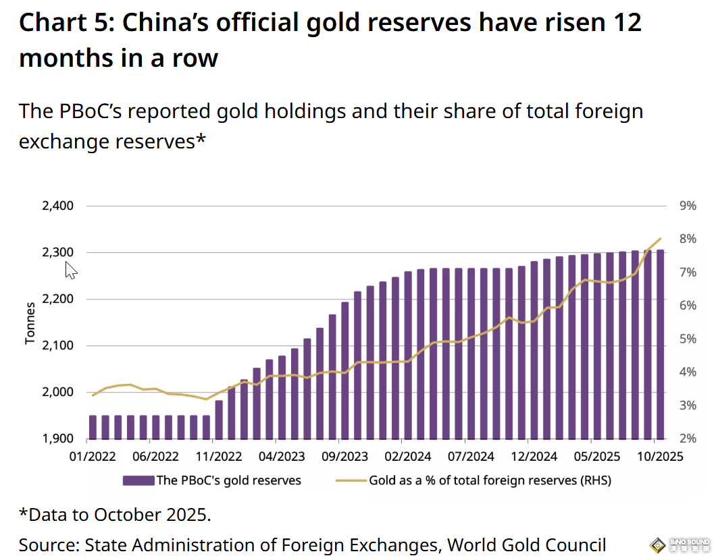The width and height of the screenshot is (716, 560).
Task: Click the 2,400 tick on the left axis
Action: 57,206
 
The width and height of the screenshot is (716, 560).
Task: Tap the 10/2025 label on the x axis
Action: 660,457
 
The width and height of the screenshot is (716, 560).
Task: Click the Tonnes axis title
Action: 30,323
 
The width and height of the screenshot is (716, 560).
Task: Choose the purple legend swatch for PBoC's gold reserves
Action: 138,481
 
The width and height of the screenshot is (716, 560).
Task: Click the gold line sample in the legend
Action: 351,481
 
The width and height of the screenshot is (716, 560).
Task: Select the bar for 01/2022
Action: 93,427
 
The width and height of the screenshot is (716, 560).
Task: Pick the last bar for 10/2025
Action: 660,344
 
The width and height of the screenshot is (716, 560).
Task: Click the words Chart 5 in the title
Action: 62,23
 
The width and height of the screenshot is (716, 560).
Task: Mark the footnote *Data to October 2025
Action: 115,515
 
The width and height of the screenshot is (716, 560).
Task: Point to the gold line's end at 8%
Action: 660,238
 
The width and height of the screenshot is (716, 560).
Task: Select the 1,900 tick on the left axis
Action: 57,439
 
